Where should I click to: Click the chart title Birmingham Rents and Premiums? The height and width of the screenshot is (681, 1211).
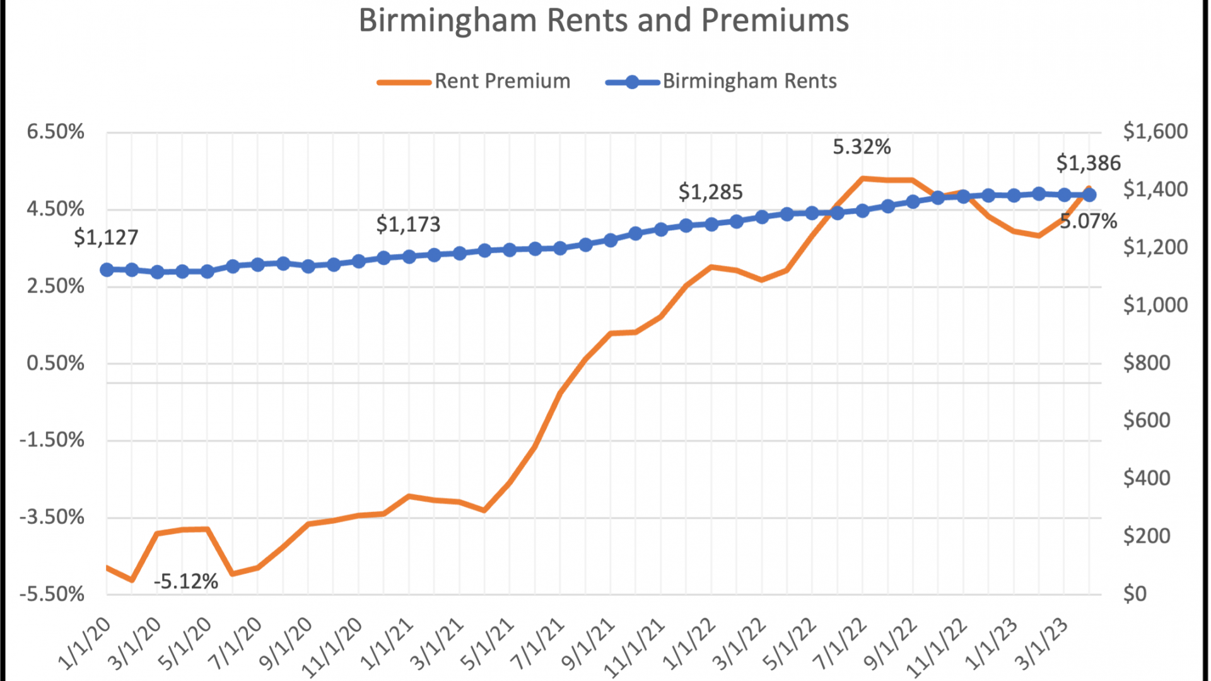pos(604,20)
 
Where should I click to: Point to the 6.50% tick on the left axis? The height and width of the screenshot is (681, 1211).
pos(56,132)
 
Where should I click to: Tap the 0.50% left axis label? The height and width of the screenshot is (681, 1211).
pos(56,363)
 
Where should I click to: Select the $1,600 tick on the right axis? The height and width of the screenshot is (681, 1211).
pos(1155,132)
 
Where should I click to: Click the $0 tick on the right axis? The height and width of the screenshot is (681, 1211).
pos(1135,594)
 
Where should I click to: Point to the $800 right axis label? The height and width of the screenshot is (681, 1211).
pos(1147,363)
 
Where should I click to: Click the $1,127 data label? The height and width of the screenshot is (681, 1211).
pos(106,238)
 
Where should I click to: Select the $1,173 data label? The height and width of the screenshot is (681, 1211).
pos(408,224)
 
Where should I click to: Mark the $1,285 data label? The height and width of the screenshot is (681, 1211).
pos(710,192)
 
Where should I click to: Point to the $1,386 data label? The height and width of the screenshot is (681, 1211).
pos(1089,163)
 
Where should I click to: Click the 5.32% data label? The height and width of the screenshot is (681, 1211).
pos(862,148)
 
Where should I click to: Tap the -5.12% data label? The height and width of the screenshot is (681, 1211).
pos(186,581)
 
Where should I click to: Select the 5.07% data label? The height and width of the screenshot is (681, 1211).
pos(1089,222)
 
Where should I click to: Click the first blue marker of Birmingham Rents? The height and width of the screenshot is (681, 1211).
pos(107,269)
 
